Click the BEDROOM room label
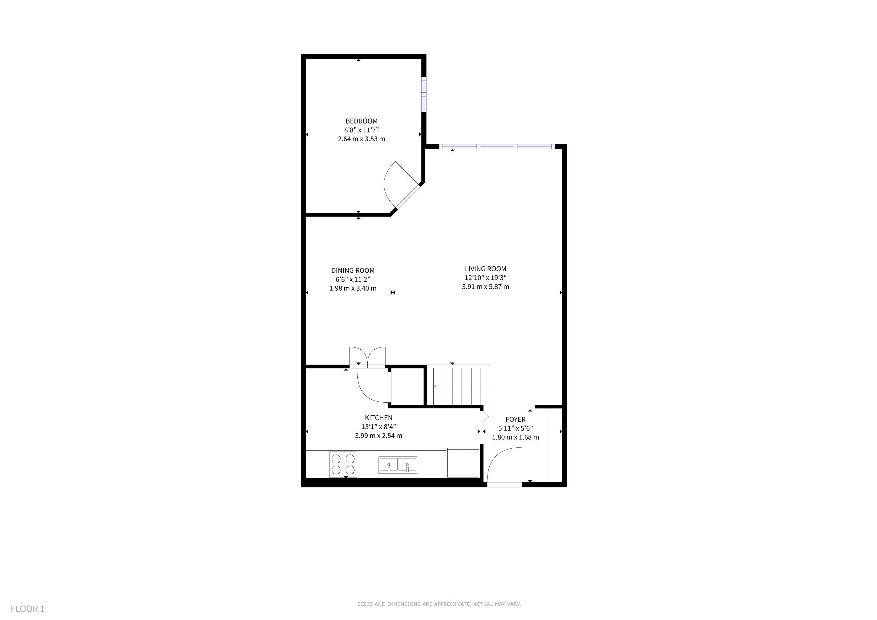[361, 121]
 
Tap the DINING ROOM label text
[352, 270]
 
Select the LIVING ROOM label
[485, 269]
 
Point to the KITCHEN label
[379, 418]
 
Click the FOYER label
[515, 419]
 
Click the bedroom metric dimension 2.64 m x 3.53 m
[361, 139]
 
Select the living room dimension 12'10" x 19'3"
[485, 278]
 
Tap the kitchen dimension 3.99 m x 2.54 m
[379, 436]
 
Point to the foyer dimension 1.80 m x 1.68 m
[515, 437]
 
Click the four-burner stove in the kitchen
[343, 464]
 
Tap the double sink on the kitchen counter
[398, 465]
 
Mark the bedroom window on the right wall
[424, 94]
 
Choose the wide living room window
[497, 147]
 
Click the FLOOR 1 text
[28, 609]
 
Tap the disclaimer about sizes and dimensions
[439, 604]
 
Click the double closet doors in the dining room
[367, 357]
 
